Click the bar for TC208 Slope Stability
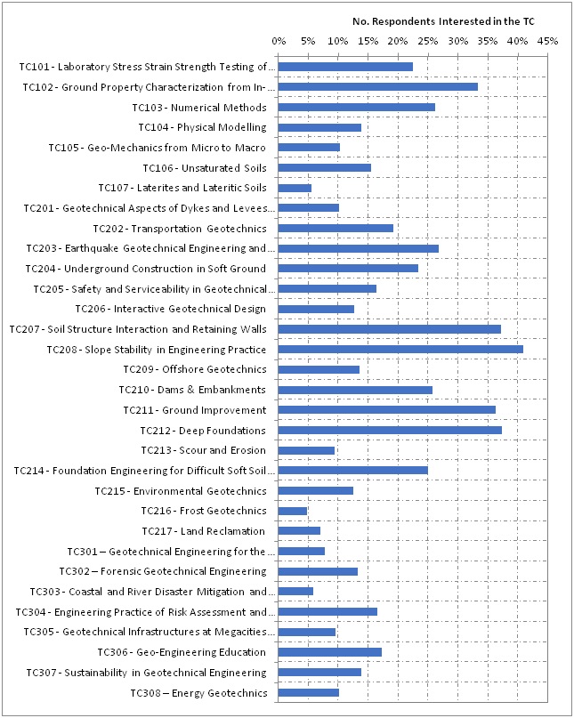point(400,350)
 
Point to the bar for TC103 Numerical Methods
point(357,108)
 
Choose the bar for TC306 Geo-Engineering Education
point(330,652)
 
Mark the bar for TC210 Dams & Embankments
point(355,390)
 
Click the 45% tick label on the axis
point(547,40)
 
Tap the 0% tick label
point(279,40)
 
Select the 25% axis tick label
point(428,40)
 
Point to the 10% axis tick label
point(338,40)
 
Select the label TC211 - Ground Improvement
point(194,410)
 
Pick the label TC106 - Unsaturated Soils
point(204,168)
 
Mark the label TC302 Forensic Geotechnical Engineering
point(163,571)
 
